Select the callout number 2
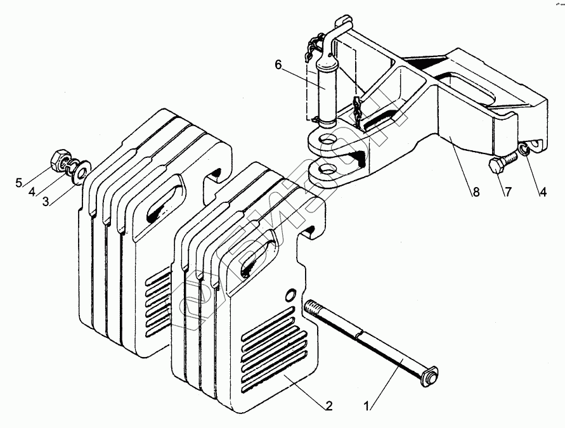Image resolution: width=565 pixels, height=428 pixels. tap(328, 405)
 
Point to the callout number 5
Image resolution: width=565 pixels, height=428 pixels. tap(19, 184)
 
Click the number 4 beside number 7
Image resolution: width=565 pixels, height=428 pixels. tap(543, 191)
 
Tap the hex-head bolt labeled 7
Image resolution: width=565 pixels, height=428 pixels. tap(497, 166)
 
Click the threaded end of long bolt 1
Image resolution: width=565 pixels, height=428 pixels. tap(312, 309)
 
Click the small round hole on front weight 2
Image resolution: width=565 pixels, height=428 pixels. tap(290, 294)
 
